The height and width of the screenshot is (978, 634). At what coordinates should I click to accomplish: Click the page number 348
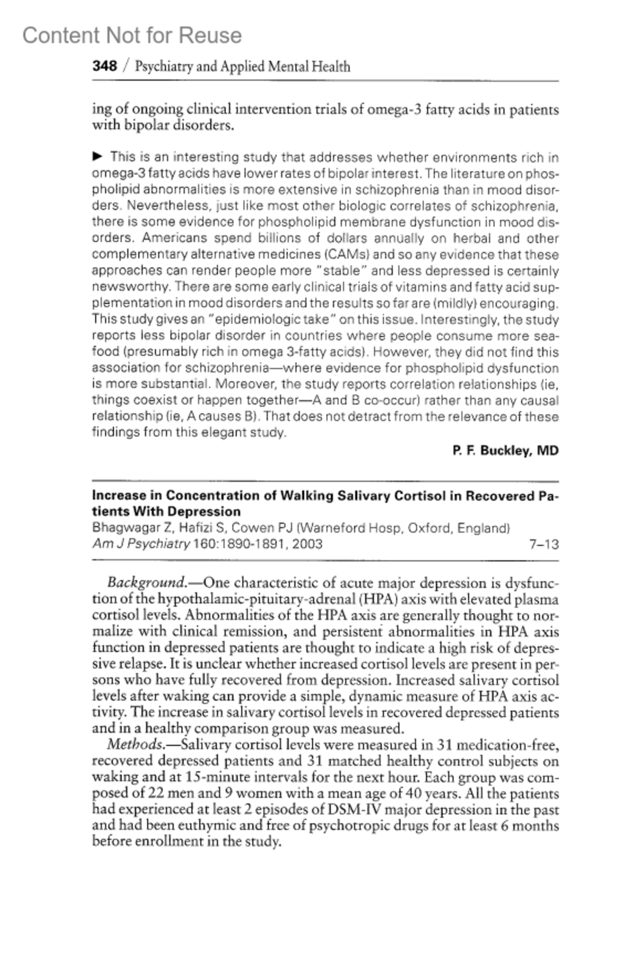tap(105, 66)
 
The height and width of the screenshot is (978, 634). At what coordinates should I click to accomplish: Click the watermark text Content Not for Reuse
tap(132, 35)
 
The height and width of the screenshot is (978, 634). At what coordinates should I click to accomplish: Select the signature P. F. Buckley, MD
tap(506, 451)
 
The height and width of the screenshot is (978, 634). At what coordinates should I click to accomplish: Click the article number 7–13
tap(544, 544)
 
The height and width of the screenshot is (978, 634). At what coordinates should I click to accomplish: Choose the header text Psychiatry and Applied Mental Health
tap(243, 67)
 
